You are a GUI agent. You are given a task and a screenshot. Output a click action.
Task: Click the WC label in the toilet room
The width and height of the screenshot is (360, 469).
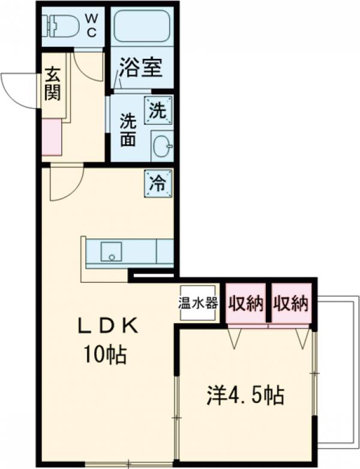coord(91,26)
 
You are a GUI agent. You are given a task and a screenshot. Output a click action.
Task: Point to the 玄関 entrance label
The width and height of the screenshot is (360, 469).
coord(53,85)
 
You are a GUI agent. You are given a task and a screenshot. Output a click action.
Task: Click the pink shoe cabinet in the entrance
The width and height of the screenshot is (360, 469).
coord(52,138)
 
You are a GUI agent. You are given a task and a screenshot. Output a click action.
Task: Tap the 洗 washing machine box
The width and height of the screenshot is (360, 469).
coord(158,110)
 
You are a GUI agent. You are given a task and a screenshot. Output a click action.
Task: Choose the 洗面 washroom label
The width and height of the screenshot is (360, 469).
coord(127,129)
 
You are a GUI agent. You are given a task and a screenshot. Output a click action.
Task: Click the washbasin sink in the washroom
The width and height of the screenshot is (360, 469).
coord(161,145)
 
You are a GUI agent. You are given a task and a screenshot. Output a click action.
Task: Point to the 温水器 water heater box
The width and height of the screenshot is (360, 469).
coord(197,303)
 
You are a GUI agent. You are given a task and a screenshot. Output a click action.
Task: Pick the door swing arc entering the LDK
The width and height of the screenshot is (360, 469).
coord(65,183)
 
